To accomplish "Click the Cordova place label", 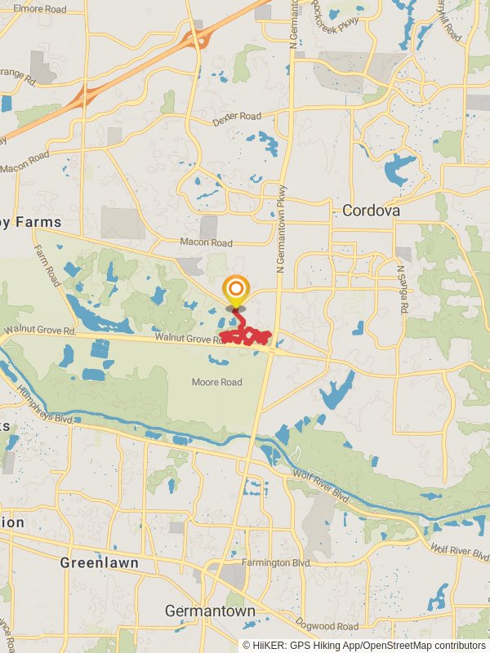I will coord(371,211).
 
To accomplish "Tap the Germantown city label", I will coord(210,611).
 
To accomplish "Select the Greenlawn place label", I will coord(99,563).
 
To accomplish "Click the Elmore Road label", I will coord(40,10).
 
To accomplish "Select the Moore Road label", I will coord(217,382).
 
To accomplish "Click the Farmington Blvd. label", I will coord(278,563).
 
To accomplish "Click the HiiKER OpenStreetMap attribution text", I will coord(364,646).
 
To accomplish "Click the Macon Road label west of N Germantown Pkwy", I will coord(206,243).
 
